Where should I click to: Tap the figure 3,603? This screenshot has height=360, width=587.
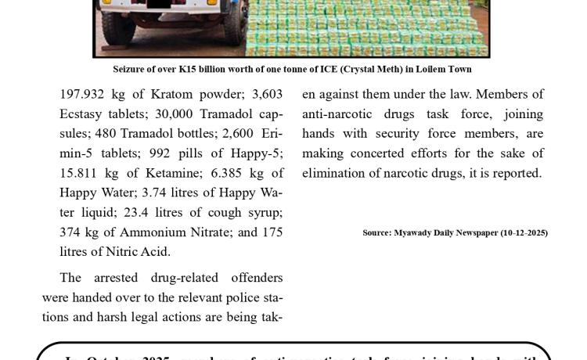[267, 94]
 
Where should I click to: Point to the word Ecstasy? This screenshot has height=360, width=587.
[82, 114]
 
